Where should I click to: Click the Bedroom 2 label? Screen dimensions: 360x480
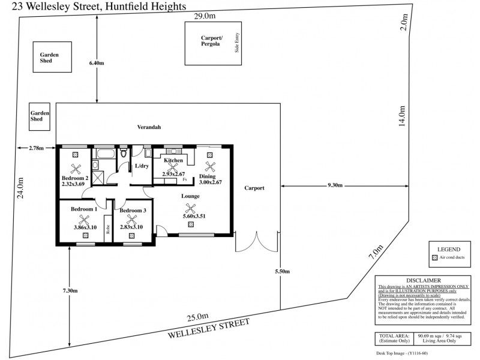[x=75, y=178]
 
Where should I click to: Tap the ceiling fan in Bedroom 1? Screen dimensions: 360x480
[x=85, y=220]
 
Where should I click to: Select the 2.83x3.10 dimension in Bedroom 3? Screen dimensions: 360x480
[x=131, y=227]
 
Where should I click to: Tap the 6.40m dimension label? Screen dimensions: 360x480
[x=97, y=63]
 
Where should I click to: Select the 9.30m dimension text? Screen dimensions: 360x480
[x=335, y=185]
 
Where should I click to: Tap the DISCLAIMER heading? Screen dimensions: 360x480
[x=424, y=280]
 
